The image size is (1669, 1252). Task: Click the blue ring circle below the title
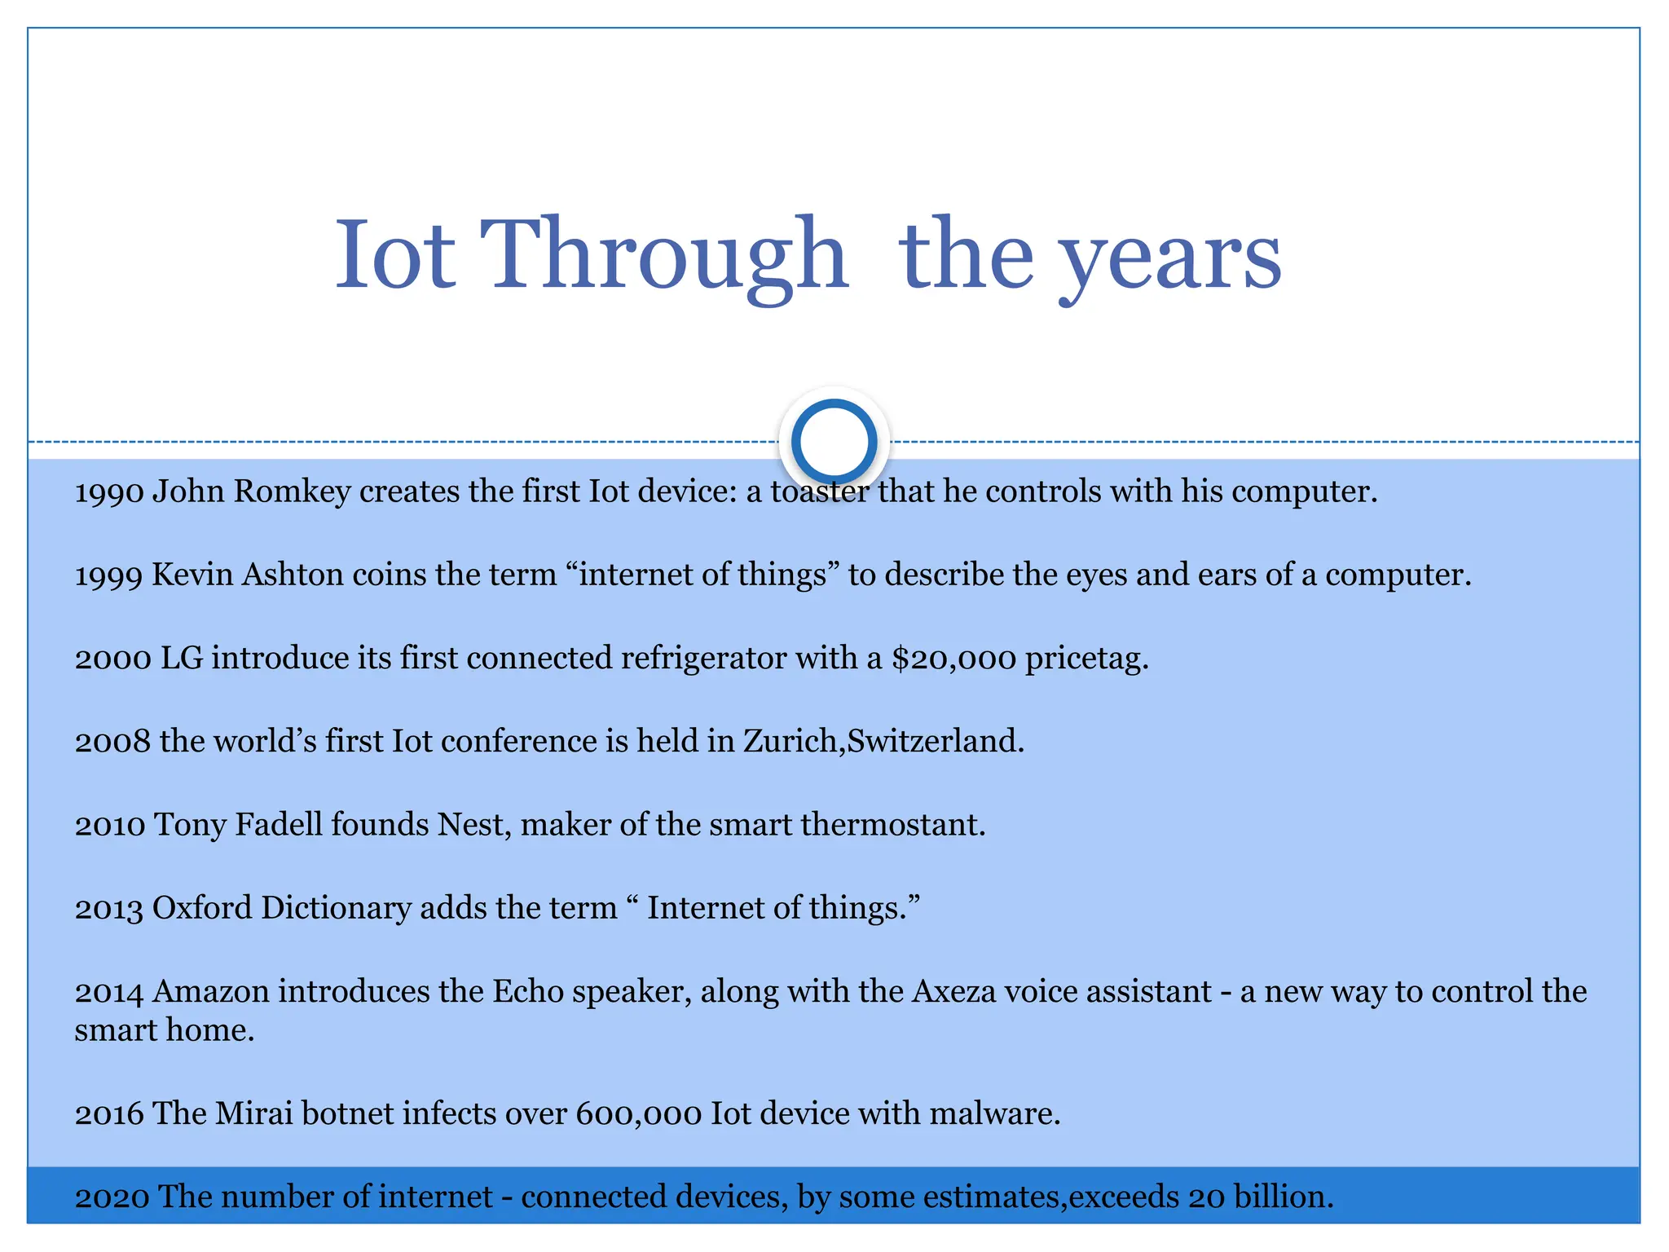click(834, 441)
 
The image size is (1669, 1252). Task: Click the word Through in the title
click(663, 254)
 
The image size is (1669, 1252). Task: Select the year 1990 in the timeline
click(109, 492)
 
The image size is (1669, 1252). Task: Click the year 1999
click(109, 575)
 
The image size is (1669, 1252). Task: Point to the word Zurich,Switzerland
click(883, 742)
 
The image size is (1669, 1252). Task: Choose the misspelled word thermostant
click(892, 825)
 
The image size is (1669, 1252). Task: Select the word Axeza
click(953, 992)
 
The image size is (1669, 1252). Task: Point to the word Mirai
click(253, 1113)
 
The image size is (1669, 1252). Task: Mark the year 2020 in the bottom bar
click(112, 1197)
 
